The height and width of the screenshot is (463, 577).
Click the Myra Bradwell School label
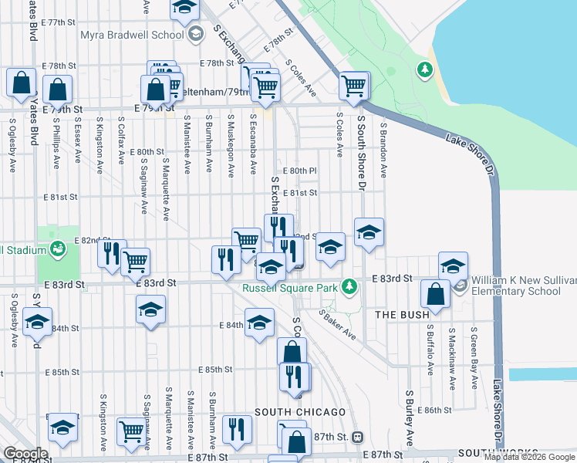click(132, 35)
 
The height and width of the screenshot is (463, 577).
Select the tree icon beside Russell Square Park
click(350, 286)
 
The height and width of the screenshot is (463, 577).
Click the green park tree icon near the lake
click(423, 71)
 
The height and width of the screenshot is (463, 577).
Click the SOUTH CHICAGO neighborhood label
click(287, 412)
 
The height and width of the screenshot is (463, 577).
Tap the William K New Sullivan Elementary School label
click(518, 286)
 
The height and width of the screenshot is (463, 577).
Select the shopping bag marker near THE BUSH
click(436, 295)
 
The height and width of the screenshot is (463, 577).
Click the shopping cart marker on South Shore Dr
click(354, 86)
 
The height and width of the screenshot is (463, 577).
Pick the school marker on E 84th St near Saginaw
click(150, 310)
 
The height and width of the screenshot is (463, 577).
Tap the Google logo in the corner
click(25, 454)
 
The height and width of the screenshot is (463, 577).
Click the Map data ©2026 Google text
click(528, 457)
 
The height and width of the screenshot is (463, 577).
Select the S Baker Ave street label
click(337, 324)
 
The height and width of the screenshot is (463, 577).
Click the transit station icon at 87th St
click(357, 437)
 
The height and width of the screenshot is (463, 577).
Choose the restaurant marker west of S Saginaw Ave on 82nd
click(112, 253)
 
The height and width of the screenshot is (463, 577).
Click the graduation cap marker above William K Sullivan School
click(453, 265)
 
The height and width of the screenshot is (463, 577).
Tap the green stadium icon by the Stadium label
click(56, 248)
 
